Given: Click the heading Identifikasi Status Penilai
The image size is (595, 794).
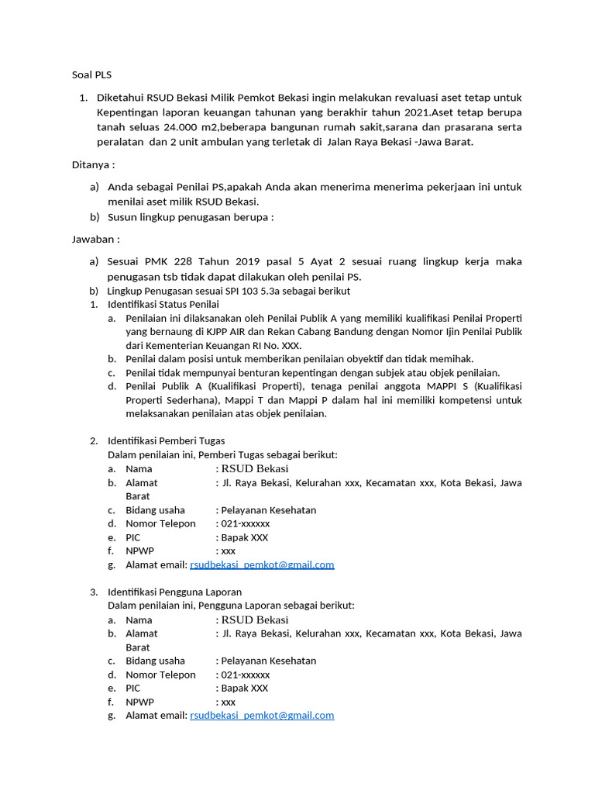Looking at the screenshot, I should coord(163,305).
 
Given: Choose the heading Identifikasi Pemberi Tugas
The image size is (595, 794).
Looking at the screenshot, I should coord(166,440).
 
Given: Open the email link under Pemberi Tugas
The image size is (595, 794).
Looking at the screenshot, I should coord(262,565).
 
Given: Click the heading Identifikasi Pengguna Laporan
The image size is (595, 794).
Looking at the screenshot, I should coord(174,592).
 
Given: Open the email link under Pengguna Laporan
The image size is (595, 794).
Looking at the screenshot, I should coord(262,716).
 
